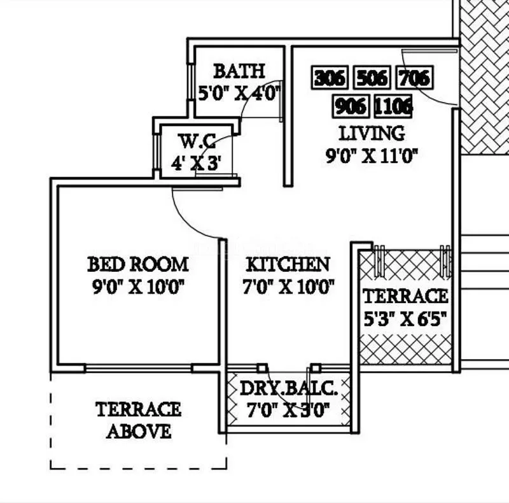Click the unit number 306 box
click(330, 78)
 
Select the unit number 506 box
click(372, 78)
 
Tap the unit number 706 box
click(414, 78)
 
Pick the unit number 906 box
click(351, 106)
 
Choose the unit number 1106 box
click(393, 106)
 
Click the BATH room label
click(239, 71)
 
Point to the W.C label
click(195, 140)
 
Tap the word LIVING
click(372, 134)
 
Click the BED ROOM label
click(138, 264)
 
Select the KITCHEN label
click(288, 264)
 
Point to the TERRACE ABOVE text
click(138, 420)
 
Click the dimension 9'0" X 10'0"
click(138, 287)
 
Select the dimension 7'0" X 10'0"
click(288, 287)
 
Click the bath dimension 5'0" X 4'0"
click(239, 94)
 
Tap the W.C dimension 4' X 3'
click(195, 163)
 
